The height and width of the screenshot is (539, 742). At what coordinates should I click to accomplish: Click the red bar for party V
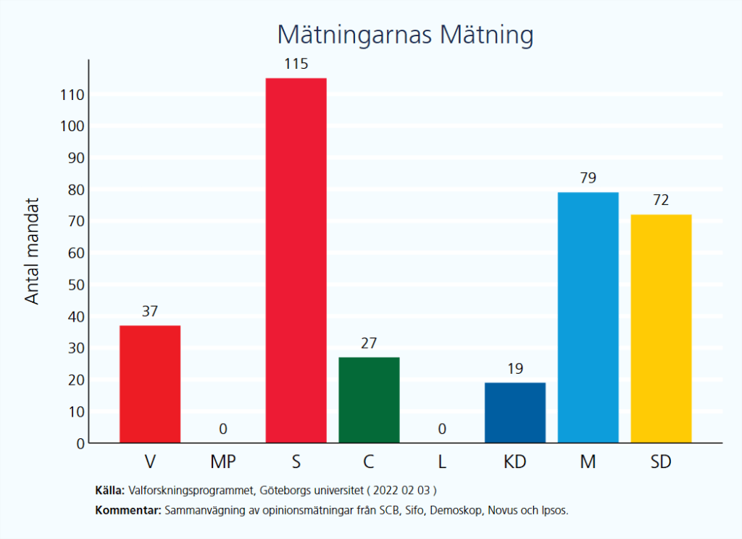(x=150, y=384)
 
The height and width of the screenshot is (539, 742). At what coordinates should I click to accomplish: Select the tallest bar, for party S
(x=296, y=260)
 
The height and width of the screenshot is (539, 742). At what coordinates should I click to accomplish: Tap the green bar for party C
(x=369, y=400)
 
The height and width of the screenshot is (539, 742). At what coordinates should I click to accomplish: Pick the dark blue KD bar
(x=514, y=412)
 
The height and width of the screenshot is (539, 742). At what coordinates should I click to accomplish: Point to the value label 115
(x=296, y=64)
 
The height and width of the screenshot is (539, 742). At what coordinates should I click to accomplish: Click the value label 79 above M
(x=588, y=178)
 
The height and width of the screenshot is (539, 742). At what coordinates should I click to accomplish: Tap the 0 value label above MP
(x=223, y=430)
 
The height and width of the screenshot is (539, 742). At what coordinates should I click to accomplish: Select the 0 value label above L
(x=442, y=430)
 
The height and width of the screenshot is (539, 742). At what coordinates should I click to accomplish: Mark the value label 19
(x=514, y=369)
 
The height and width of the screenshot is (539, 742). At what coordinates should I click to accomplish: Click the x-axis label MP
(x=223, y=461)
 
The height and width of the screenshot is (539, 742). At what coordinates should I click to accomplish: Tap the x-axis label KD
(x=514, y=461)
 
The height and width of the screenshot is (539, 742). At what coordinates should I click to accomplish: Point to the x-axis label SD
(x=661, y=461)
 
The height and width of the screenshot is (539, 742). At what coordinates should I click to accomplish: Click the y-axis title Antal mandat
(x=33, y=251)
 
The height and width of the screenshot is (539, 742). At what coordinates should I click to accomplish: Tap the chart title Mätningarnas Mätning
(x=405, y=35)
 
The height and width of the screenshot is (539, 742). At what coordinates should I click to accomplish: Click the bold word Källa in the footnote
(x=109, y=490)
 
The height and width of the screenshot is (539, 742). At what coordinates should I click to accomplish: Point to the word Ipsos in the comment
(x=554, y=511)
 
